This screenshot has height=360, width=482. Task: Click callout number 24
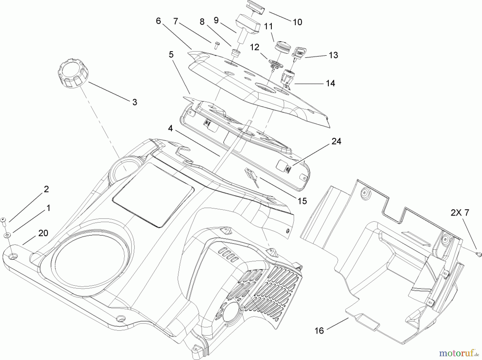coord(336,141)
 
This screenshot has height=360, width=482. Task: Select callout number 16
coord(319,331)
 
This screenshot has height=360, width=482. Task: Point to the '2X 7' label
coord(460,213)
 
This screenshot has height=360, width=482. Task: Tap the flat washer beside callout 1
coord(6,235)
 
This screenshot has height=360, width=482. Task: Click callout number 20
coord(43,233)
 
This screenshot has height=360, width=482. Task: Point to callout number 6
coord(158,21)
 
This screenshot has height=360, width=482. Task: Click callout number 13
coord(333,55)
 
